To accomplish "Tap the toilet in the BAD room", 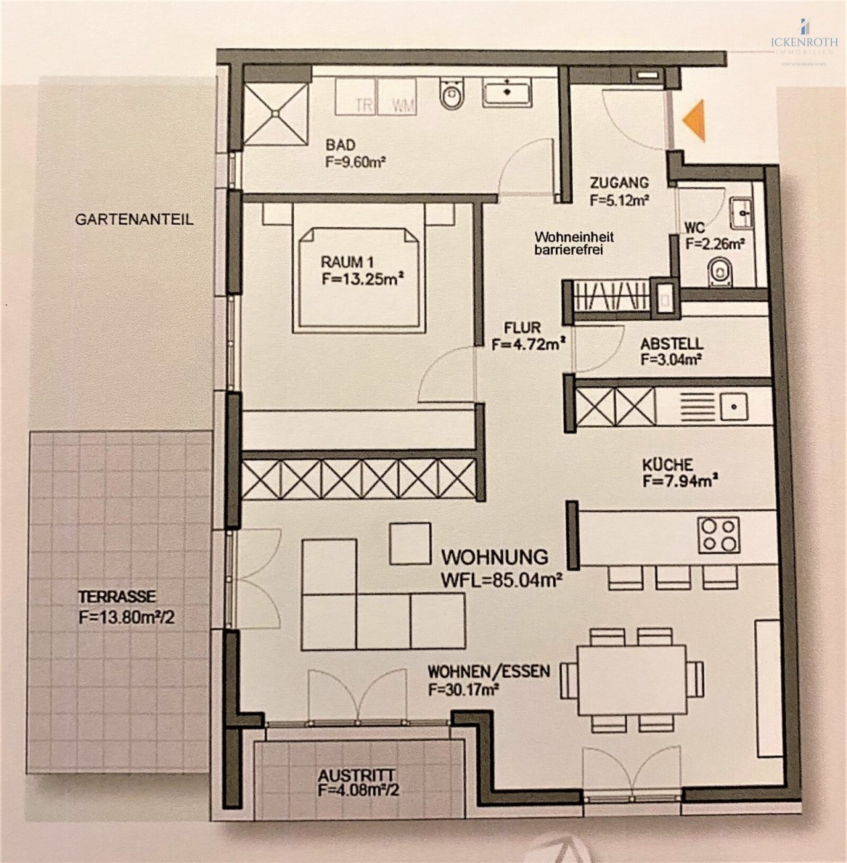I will click(x=453, y=94).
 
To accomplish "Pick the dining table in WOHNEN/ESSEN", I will click(x=631, y=680).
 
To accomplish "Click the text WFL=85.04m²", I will click(x=501, y=581).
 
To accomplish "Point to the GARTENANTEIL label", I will click(x=134, y=220).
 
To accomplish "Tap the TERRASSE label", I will click(x=117, y=596).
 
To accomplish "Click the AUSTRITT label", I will click(x=356, y=775).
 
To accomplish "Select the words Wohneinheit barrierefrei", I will click(x=574, y=243).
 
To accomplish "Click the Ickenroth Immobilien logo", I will click(x=803, y=41).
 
